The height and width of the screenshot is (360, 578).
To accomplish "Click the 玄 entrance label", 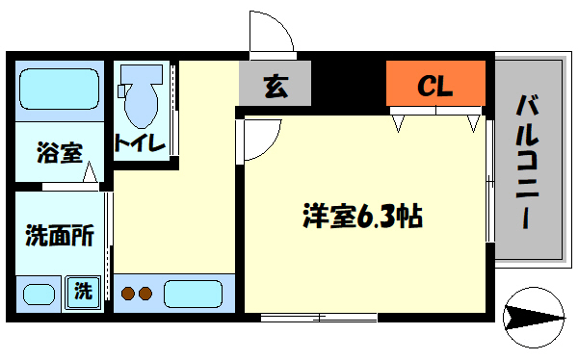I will click(276, 86).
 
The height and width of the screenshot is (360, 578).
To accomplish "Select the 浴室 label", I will click(59, 151).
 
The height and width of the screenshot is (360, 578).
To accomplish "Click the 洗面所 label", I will click(59, 235).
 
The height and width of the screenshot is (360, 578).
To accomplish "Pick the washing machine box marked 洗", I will click(83, 291).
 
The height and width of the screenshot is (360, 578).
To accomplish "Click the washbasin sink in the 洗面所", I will click(39, 295).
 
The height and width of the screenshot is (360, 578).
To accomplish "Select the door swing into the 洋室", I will click(260, 138).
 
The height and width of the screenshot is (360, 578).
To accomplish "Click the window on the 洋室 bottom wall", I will click(317, 317).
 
